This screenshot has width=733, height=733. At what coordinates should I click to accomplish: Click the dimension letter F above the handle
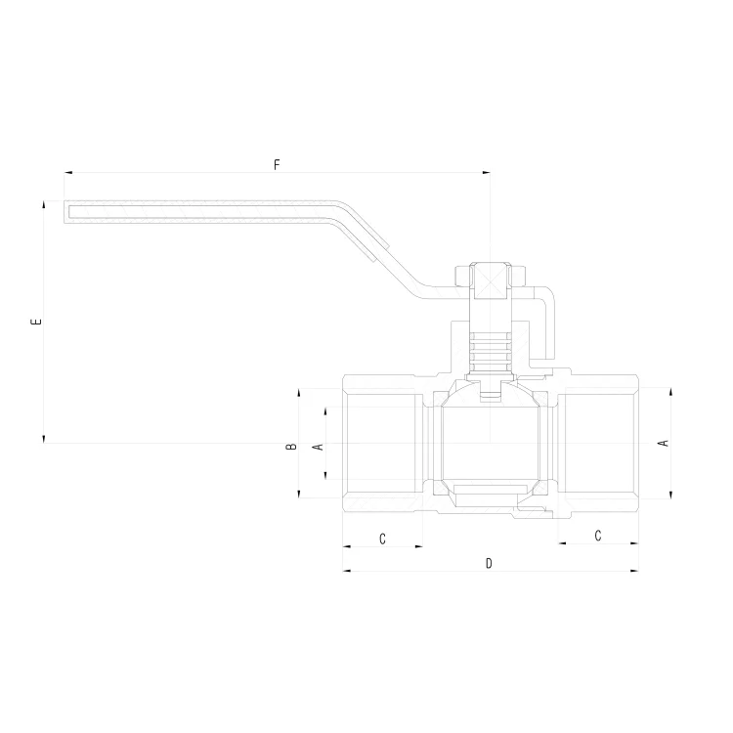(277, 165)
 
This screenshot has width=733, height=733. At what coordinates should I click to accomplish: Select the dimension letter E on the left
(36, 322)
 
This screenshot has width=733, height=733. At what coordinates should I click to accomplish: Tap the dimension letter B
(290, 447)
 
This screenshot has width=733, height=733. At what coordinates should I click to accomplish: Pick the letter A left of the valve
(316, 447)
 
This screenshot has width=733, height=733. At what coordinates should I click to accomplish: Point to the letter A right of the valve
(663, 444)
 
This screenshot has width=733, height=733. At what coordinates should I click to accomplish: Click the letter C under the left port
(383, 539)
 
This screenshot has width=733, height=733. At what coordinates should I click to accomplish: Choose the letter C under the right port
(597, 535)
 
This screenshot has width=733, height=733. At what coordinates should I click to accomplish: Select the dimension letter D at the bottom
(489, 564)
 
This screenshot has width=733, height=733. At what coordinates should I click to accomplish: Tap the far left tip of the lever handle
(66, 211)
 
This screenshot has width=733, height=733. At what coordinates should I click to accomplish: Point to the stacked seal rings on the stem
(490, 350)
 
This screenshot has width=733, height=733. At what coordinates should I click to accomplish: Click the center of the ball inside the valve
(489, 443)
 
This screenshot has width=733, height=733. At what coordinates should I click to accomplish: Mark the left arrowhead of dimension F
(67, 173)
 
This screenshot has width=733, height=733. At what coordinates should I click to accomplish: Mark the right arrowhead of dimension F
(488, 173)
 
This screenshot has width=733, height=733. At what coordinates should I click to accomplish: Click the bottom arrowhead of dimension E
(45, 439)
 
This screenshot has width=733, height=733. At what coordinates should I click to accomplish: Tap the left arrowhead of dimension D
(346, 572)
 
